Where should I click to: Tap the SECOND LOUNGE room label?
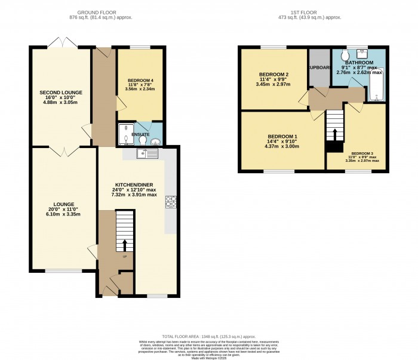pyautogui.click(x=61, y=93)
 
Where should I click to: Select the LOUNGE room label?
pyautogui.click(x=63, y=204)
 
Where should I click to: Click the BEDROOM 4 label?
pyautogui.click(x=140, y=80)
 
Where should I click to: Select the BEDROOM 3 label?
pyautogui.click(x=365, y=153)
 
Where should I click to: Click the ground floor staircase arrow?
pyautogui.click(x=125, y=245)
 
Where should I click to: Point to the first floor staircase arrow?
pyautogui.click(x=335, y=133)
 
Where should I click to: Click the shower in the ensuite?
pyautogui.click(x=126, y=134)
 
